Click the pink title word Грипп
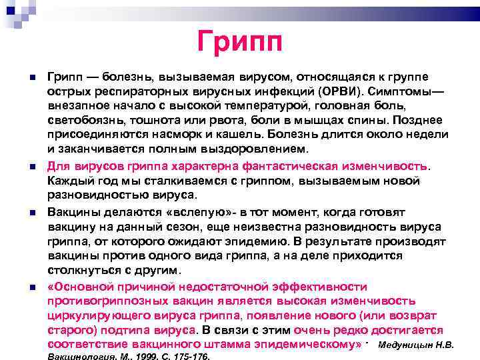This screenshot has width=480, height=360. pos(241,41)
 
